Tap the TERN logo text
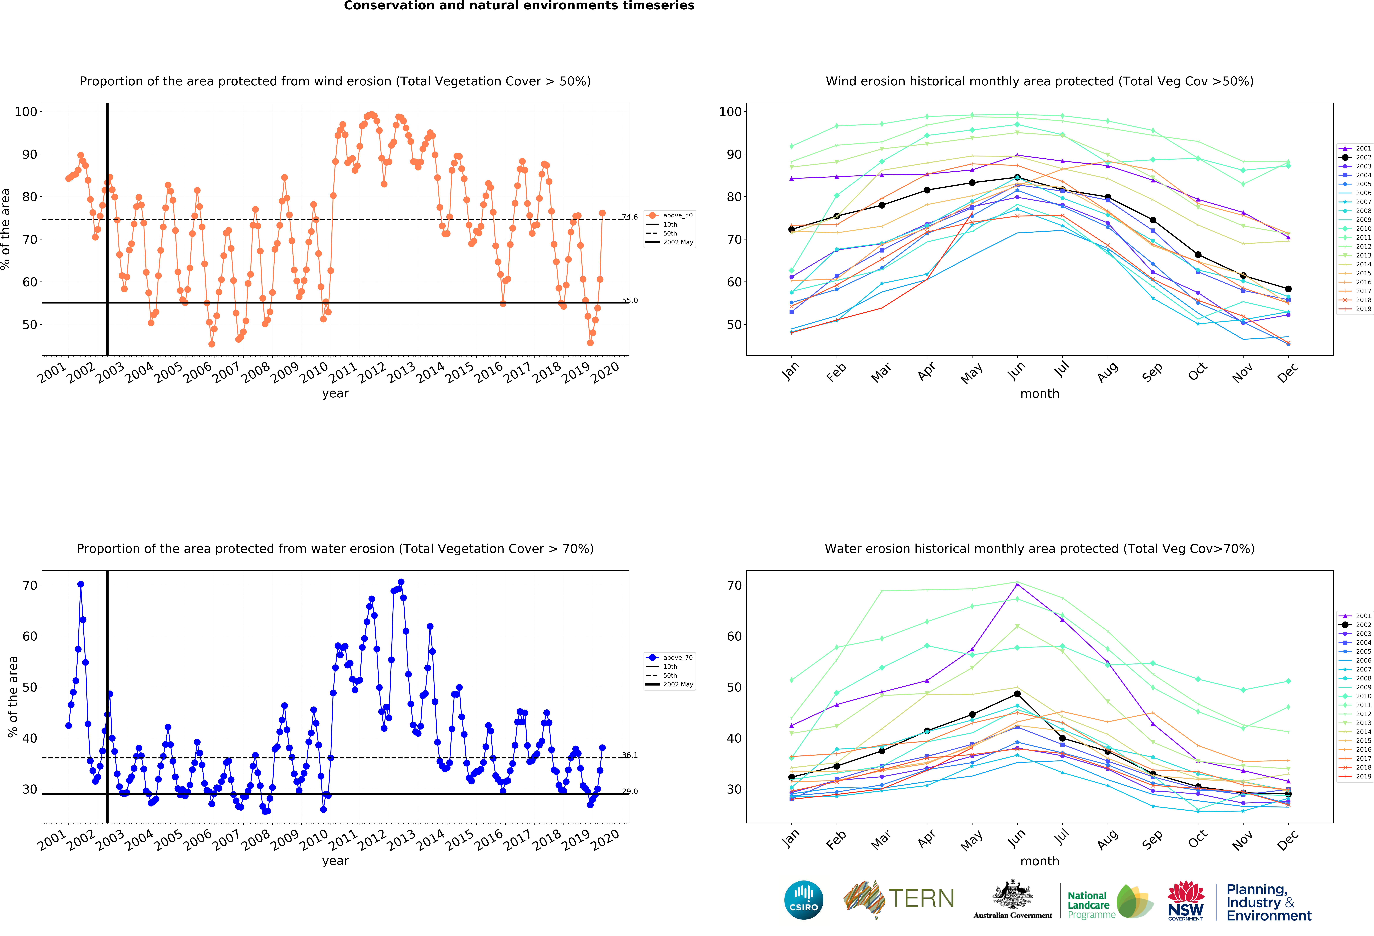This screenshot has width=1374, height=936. (921, 898)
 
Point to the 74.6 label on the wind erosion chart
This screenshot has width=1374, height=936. (630, 217)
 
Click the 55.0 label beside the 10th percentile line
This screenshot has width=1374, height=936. (630, 300)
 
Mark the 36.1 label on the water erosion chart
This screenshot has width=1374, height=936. (630, 755)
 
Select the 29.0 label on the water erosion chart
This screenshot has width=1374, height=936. (630, 791)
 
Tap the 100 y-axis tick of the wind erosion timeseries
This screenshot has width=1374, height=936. (26, 112)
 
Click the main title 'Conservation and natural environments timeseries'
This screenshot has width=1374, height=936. (519, 6)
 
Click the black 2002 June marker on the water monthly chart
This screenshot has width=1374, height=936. (1017, 694)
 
